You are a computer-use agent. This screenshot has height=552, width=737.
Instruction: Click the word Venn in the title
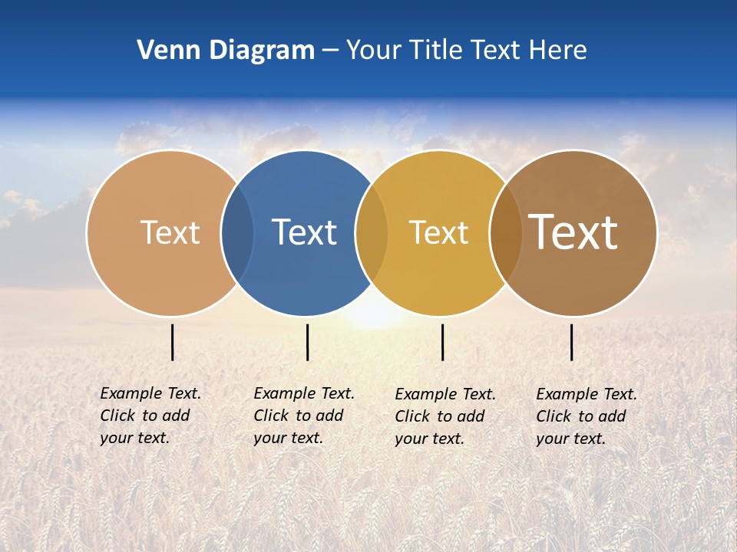(x=161, y=51)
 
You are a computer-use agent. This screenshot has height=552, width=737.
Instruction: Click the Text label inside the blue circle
(x=304, y=232)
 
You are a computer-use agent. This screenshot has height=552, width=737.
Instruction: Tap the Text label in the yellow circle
(x=438, y=232)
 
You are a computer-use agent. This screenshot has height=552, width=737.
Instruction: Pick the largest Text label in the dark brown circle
(x=573, y=232)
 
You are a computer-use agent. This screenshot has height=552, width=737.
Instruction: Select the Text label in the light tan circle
(x=170, y=232)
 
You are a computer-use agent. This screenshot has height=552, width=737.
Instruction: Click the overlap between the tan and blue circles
(x=237, y=232)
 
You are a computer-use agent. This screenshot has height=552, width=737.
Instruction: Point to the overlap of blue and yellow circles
(x=372, y=232)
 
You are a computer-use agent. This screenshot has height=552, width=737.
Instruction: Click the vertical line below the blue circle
(x=307, y=342)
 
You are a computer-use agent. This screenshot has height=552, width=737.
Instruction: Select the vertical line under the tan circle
(x=173, y=342)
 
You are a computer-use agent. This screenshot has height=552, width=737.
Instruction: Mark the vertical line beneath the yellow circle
(x=442, y=342)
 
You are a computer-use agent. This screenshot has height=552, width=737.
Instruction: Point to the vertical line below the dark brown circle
(x=571, y=342)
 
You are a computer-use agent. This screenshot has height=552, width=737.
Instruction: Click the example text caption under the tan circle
(x=150, y=416)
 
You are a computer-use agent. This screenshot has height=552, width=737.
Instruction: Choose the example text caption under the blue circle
(x=303, y=416)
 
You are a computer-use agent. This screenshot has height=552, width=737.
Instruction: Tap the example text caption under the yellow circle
(x=445, y=416)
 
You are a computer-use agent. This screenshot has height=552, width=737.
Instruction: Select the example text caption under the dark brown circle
(x=586, y=416)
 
